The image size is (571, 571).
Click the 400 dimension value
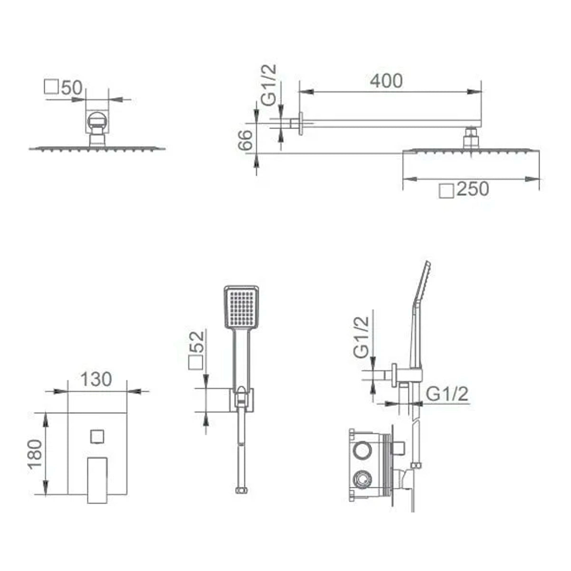pos(386,80)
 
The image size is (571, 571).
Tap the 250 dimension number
pos(473,189)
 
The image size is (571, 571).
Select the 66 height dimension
pos(246,140)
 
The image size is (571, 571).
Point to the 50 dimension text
pos(72,88)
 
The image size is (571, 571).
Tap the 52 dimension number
pos(197,341)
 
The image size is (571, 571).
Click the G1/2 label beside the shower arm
pos(269,85)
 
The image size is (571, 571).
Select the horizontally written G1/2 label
pos(447,394)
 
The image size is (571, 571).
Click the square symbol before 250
pos(446,190)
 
